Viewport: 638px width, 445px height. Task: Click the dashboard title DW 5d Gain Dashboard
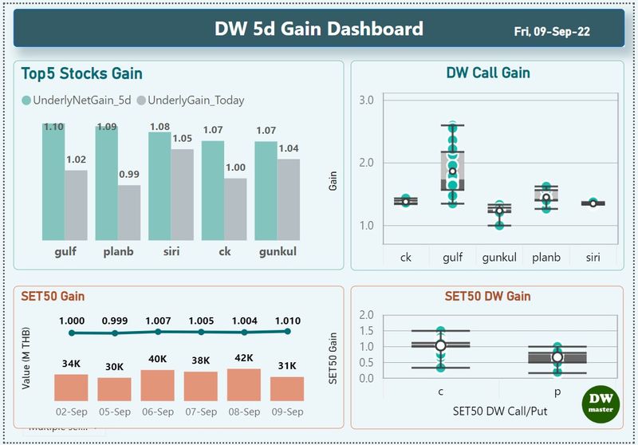coord(318,30)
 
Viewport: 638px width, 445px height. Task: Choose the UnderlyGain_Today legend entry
coord(191,100)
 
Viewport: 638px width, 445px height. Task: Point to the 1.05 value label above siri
coord(183,139)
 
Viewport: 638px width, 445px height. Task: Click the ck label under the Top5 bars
coord(213,254)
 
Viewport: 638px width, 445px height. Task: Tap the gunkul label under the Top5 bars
coord(278,254)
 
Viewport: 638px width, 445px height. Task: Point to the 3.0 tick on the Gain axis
coord(367,100)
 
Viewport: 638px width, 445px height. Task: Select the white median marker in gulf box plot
coord(452,171)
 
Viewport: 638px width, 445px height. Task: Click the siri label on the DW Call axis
coord(593,257)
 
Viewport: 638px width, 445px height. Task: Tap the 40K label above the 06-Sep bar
coord(157,359)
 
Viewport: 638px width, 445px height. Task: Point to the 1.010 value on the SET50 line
coord(287,321)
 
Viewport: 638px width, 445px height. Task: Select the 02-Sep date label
coord(72,412)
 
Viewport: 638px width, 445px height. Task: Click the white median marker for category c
coord(440,345)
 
